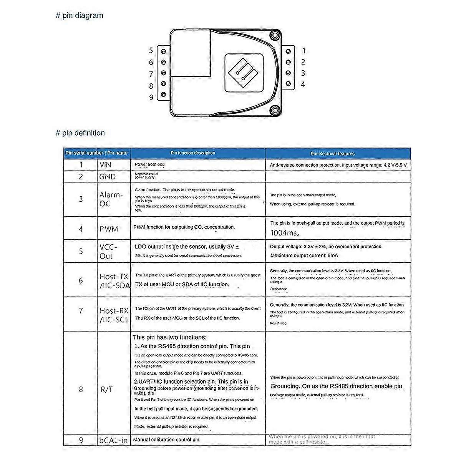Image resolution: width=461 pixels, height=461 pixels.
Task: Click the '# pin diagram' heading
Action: [80, 16]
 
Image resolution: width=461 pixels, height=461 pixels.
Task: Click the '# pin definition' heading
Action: [80, 133]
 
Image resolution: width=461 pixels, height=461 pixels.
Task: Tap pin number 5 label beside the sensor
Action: [151, 51]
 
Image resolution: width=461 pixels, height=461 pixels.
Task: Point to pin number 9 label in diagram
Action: [151, 98]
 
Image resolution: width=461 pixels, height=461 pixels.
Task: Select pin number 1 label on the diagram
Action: [303, 51]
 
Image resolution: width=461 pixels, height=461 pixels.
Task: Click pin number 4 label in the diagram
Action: [303, 84]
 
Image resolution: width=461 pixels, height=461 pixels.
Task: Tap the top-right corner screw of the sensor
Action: [274, 36]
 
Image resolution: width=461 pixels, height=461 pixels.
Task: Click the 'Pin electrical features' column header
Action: [332, 153]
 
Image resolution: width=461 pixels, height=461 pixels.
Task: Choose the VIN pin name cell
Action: [105, 165]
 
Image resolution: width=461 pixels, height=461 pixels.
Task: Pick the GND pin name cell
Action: [107, 177]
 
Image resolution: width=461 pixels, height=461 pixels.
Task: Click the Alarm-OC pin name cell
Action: [111, 199]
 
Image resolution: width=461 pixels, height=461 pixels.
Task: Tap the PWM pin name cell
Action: [109, 229]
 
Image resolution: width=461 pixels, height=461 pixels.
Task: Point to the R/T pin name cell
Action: [107, 389]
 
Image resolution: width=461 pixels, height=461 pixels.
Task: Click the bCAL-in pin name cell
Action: [113, 440]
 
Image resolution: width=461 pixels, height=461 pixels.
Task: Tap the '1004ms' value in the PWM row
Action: [285, 233]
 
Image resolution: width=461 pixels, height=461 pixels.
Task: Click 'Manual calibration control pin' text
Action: [166, 439]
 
